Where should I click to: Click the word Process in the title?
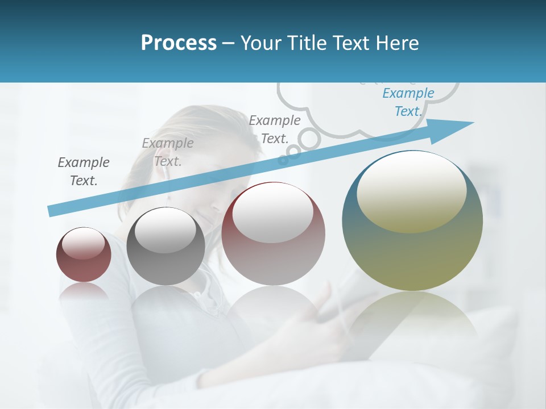(x=179, y=43)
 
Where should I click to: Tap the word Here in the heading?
(x=398, y=43)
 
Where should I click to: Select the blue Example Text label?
(x=408, y=102)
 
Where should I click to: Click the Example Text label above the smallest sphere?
(x=84, y=171)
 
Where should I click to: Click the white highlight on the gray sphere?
(x=166, y=229)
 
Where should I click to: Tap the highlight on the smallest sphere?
(x=84, y=244)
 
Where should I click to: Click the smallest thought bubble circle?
(x=283, y=161)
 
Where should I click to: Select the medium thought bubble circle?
(x=293, y=151)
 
